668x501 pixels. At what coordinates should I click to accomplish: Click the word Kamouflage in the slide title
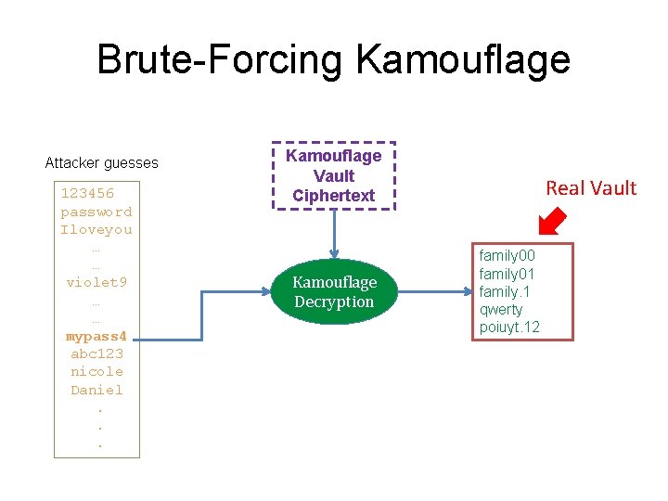click(462, 60)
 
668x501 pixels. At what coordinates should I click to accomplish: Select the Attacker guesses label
click(102, 163)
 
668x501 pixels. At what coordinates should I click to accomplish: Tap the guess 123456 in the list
click(87, 194)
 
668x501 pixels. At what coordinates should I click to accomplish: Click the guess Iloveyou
click(96, 229)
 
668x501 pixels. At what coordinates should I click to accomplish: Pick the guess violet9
click(96, 282)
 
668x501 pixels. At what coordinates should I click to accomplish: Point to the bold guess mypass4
click(96, 336)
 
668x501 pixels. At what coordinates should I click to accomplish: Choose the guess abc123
click(96, 353)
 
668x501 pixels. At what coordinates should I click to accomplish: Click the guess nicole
click(96, 371)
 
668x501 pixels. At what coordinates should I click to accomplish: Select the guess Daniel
click(96, 390)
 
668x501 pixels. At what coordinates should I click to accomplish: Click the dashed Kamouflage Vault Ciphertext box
click(333, 176)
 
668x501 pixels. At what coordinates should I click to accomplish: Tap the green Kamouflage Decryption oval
click(334, 291)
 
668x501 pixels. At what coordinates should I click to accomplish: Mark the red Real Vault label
click(591, 188)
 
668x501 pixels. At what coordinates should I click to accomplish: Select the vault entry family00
click(507, 255)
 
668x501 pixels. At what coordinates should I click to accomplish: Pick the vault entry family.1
click(505, 291)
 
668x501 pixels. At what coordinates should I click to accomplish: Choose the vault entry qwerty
click(501, 309)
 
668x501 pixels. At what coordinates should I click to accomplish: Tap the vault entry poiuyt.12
click(509, 328)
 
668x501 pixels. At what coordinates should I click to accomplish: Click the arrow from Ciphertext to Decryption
click(334, 238)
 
